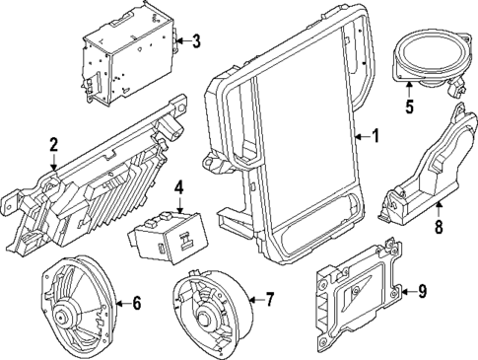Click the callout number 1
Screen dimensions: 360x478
click(x=374, y=136)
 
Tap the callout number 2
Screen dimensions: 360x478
click(x=54, y=146)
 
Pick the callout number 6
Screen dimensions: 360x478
click(x=136, y=303)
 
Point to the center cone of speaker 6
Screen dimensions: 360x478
click(x=67, y=317)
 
